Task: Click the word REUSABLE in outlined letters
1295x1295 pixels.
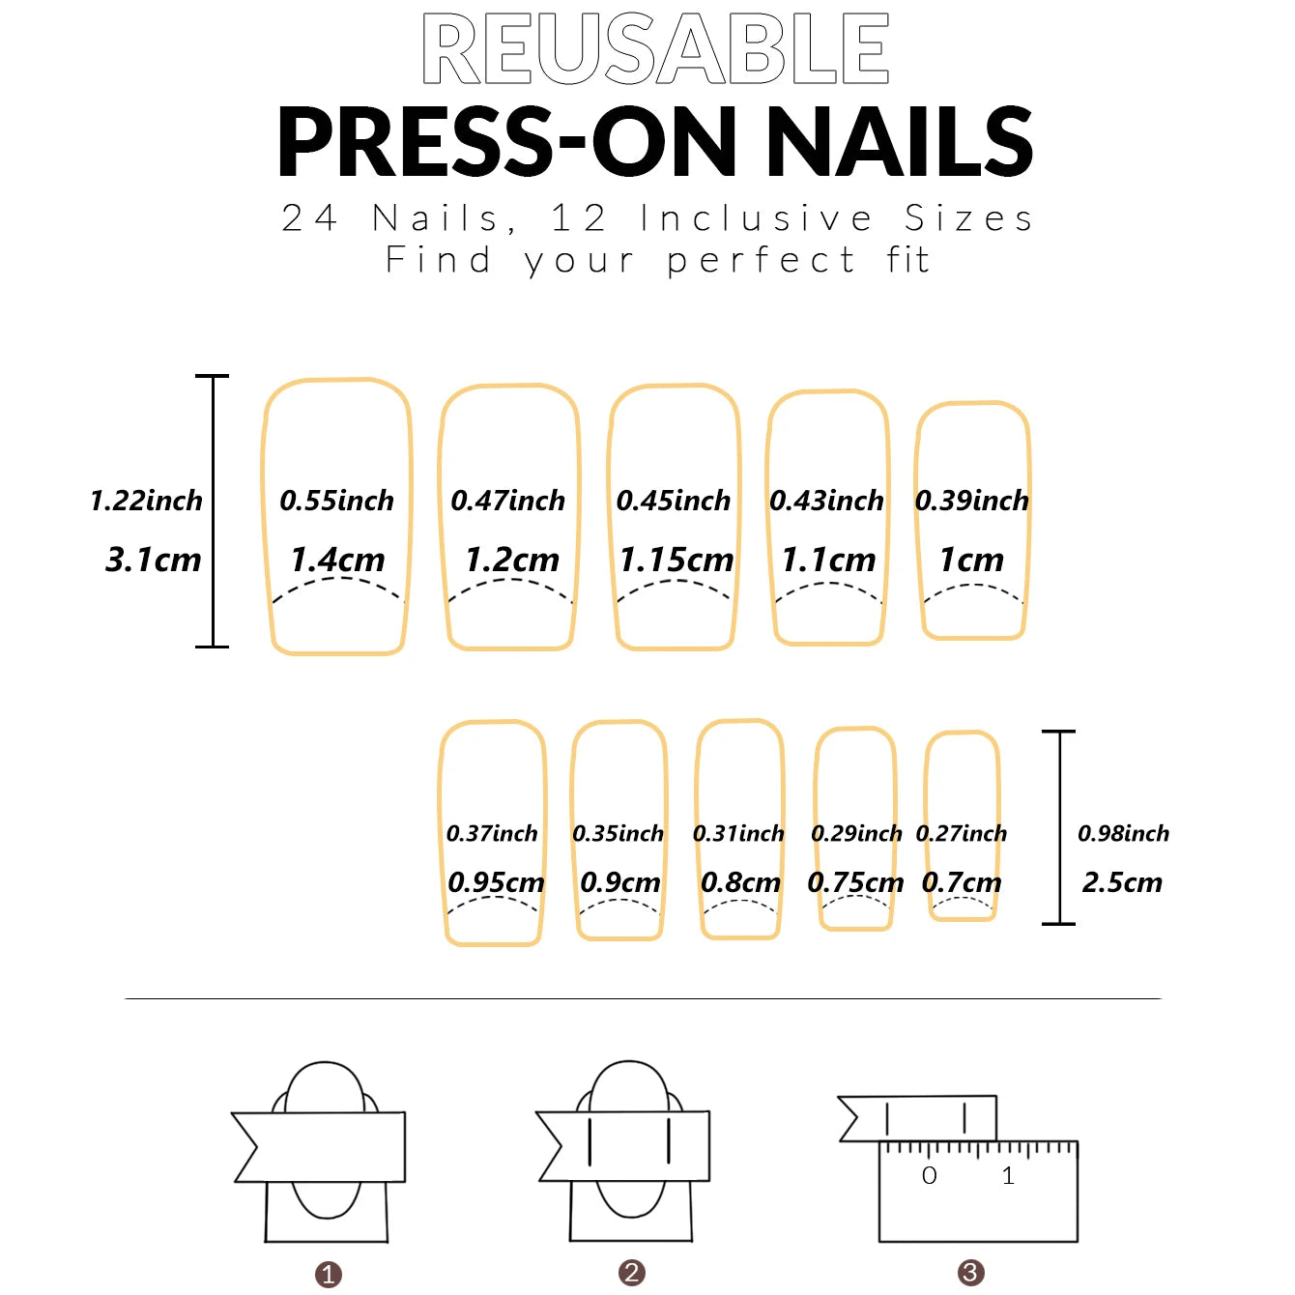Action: (655, 48)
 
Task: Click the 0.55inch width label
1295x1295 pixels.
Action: (337, 501)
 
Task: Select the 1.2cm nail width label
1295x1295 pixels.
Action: (512, 560)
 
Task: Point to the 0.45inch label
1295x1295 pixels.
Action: (674, 501)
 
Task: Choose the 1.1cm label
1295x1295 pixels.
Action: (828, 560)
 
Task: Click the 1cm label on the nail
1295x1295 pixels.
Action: (971, 560)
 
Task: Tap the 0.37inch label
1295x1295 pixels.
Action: (492, 833)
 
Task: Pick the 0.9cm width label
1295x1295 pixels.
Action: (620, 882)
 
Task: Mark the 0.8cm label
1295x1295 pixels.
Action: (740, 882)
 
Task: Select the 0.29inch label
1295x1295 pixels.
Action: (856, 833)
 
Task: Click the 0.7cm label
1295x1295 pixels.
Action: (962, 882)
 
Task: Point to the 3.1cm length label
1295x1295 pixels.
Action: (153, 560)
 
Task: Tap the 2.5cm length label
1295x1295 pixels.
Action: (1122, 882)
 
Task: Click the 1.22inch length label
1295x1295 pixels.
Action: (147, 501)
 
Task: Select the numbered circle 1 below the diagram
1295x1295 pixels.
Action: (329, 1275)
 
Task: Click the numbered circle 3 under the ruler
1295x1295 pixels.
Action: (970, 1273)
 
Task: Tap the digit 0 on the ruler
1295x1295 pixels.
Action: (930, 1176)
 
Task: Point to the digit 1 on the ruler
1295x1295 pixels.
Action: (1008, 1176)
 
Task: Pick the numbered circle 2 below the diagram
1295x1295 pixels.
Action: (632, 1273)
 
